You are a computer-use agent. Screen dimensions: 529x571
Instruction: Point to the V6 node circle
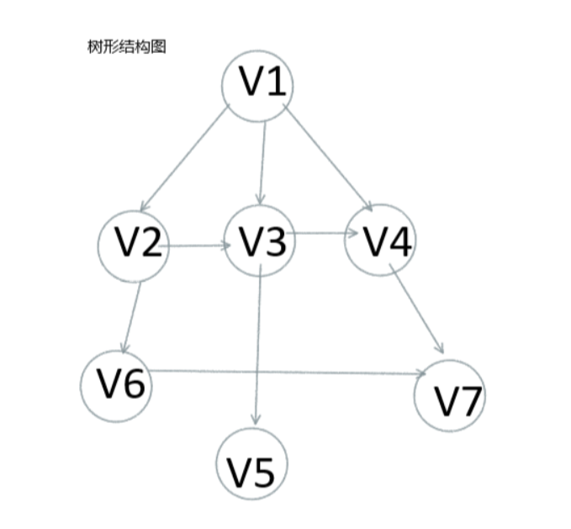click(x=118, y=385)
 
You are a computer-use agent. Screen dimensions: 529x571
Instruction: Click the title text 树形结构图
click(x=127, y=47)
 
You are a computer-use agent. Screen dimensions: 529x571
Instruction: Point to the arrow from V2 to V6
click(x=133, y=314)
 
